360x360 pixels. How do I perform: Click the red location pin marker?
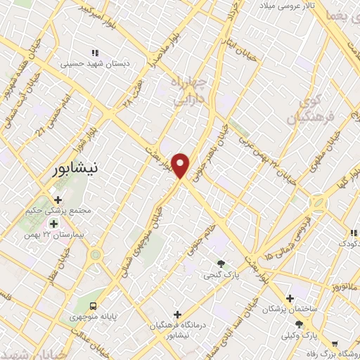181,165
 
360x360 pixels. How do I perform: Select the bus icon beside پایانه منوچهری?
93,305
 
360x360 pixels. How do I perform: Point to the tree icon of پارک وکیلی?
299,324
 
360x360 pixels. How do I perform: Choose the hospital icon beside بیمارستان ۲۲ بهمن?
53,224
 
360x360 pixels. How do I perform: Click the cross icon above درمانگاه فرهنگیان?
176,314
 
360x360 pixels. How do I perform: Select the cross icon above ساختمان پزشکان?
290,298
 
